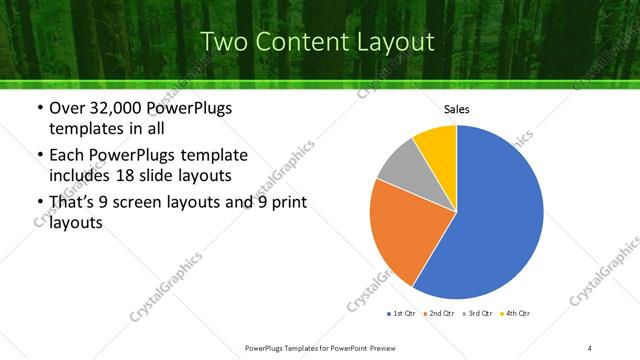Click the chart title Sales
click(456, 110)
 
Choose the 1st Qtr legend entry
click(401, 314)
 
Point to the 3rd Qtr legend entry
click(477, 314)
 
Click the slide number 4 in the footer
click(591, 347)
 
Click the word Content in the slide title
click(302, 42)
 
